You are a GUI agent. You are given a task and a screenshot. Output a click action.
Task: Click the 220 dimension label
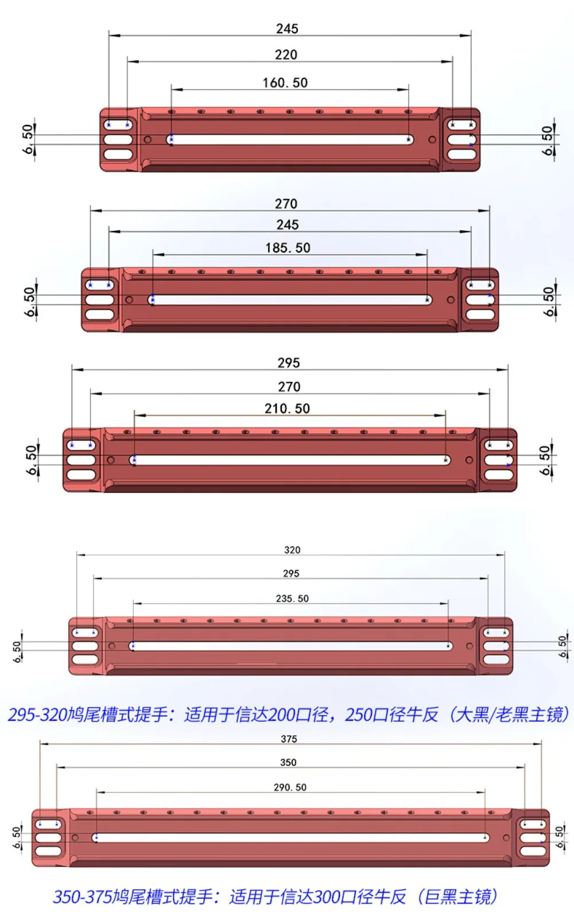286,54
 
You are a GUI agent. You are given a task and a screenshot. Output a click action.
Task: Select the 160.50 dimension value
285,83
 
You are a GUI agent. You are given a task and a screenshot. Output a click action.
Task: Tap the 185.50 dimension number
288,248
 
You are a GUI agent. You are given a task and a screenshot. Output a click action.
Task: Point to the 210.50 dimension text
287,408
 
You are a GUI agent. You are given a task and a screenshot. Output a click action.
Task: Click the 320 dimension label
292,550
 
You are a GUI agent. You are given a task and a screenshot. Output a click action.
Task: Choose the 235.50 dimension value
292,599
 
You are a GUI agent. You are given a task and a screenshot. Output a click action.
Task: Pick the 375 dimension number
289,739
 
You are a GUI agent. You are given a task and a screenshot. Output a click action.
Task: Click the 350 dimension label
288,762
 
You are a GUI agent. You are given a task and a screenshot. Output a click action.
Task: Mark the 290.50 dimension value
290,787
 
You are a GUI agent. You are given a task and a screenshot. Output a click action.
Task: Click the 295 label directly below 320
291,573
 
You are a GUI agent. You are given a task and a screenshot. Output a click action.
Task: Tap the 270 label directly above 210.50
289,386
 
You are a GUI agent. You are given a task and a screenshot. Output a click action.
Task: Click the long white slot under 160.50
290,140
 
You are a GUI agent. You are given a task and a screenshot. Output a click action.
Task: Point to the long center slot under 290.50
290,837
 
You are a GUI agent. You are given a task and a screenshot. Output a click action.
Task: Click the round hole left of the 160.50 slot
148,139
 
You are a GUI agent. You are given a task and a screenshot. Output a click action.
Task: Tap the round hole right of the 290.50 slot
506,837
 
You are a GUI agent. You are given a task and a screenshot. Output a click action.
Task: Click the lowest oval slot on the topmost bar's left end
118,154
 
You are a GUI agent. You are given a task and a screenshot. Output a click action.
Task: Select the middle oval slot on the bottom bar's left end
49,837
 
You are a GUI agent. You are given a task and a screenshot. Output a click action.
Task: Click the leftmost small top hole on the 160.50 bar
172,112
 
